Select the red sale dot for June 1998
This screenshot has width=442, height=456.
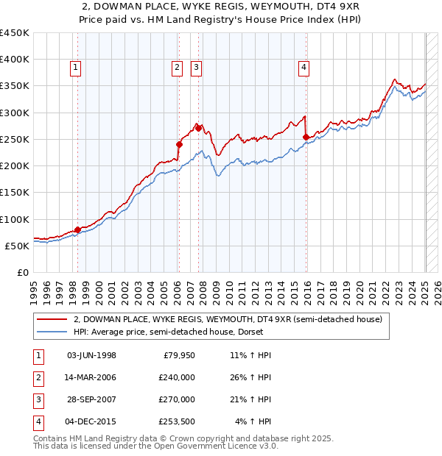coord(77,229)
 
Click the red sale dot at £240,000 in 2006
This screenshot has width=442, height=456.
coord(179,144)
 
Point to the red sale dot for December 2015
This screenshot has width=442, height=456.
coord(306,137)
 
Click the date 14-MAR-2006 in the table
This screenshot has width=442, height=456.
coord(91,377)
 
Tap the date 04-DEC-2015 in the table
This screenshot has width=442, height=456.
coord(91,421)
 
